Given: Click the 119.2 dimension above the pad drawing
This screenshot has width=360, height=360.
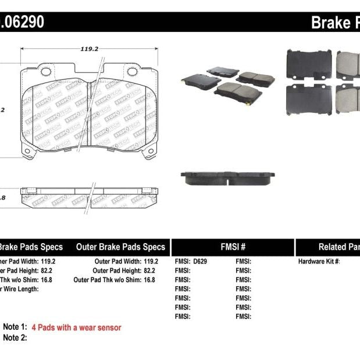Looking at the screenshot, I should (x=88, y=49).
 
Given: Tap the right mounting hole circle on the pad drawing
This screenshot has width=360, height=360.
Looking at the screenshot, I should (x=132, y=73).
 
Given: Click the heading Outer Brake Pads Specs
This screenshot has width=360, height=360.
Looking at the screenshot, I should (x=120, y=247).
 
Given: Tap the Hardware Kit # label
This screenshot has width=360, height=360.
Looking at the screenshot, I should (x=319, y=261).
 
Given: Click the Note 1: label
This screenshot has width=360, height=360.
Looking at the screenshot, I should (x=15, y=327).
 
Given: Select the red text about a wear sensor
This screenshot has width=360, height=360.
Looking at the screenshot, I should (x=76, y=327).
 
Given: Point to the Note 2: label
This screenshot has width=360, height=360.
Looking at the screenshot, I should (x=15, y=337).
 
